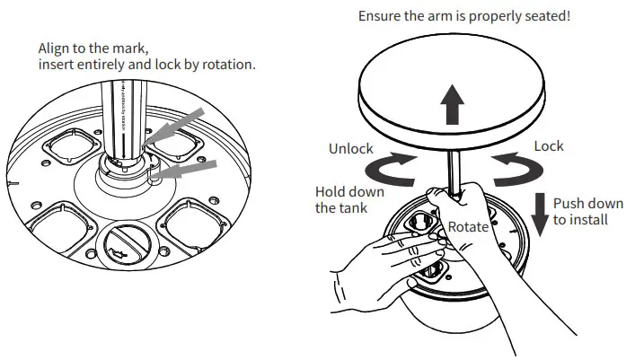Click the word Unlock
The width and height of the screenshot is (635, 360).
[x=351, y=148]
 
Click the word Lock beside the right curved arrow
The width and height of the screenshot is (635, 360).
[x=549, y=145]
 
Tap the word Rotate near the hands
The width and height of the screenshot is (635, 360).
[x=468, y=227]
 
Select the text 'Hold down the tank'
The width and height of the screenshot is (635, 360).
[x=349, y=199]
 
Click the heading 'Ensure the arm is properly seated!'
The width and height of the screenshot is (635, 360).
[x=464, y=16]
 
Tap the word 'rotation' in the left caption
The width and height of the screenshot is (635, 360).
[x=226, y=65]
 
